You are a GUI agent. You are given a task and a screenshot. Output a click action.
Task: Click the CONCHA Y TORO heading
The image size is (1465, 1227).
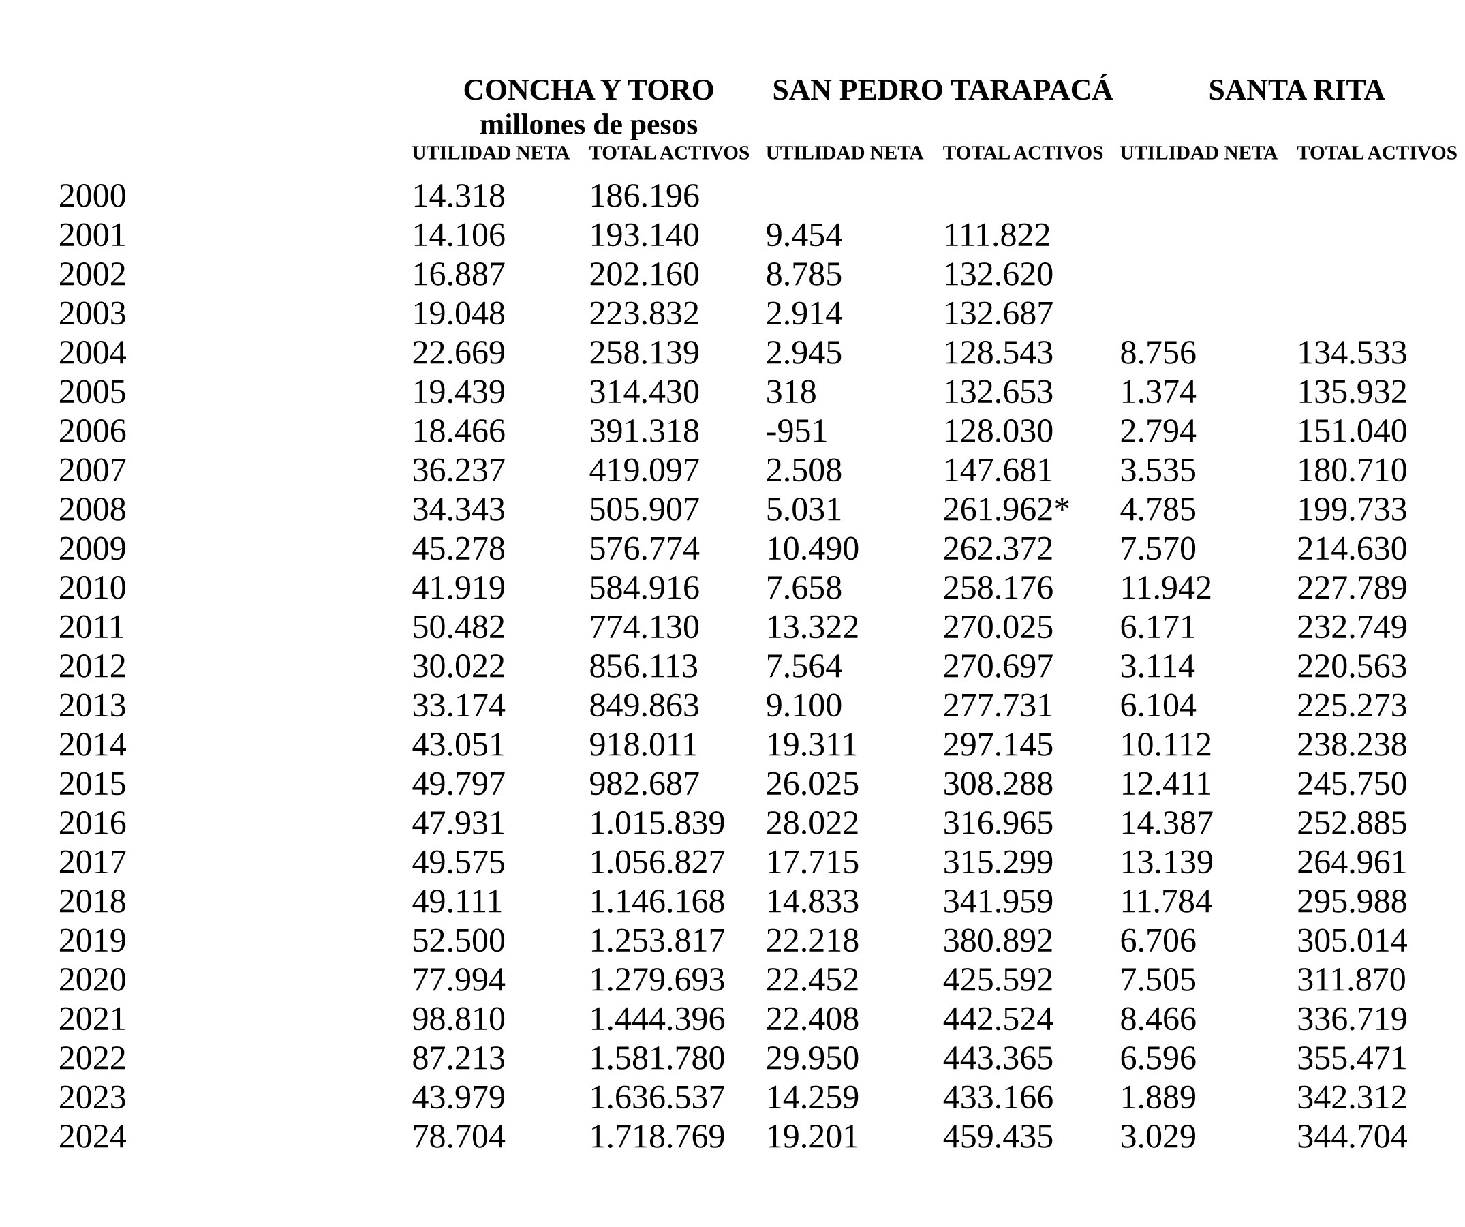pyautogui.click(x=588, y=90)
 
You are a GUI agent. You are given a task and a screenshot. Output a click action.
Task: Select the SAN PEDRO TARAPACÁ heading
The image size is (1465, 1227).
pyautogui.click(x=942, y=90)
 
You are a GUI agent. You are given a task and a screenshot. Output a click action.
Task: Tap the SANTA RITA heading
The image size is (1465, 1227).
pyautogui.click(x=1296, y=90)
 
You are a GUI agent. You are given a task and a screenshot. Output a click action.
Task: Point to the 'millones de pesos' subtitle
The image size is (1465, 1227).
pyautogui.click(x=588, y=125)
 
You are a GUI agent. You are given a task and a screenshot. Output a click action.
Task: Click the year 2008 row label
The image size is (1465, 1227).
pyautogui.click(x=92, y=509)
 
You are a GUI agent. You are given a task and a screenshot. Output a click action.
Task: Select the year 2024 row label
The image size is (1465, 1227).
pyautogui.click(x=92, y=1136)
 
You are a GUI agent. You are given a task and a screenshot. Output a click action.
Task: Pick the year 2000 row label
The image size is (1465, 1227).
pyautogui.click(x=92, y=196)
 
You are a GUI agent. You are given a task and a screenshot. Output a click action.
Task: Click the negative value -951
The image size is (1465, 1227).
pyautogui.click(x=796, y=431)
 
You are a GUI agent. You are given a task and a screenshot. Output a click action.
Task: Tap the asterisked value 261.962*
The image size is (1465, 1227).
pyautogui.click(x=1005, y=509)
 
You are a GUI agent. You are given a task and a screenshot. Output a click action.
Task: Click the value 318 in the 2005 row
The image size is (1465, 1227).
pyautogui.click(x=790, y=392)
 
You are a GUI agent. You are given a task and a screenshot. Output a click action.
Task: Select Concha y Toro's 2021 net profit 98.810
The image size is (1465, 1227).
pyautogui.click(x=459, y=1019)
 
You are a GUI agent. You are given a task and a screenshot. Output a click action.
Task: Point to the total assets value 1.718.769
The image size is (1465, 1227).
pyautogui.click(x=656, y=1136)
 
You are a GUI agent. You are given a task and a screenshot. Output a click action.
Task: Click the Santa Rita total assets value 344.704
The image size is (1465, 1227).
pyautogui.click(x=1351, y=1136)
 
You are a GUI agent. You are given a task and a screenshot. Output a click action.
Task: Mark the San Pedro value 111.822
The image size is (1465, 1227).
pyautogui.click(x=996, y=235)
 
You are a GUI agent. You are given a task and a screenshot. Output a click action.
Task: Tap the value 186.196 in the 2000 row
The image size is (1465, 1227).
pyautogui.click(x=643, y=196)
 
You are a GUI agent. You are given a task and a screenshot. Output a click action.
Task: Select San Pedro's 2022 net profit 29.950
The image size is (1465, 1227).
pyautogui.click(x=812, y=1058)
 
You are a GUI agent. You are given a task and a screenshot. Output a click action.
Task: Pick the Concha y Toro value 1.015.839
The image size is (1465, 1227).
pyautogui.click(x=656, y=823)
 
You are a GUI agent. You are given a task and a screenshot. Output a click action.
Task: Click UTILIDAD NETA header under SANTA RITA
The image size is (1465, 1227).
pyautogui.click(x=1198, y=153)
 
